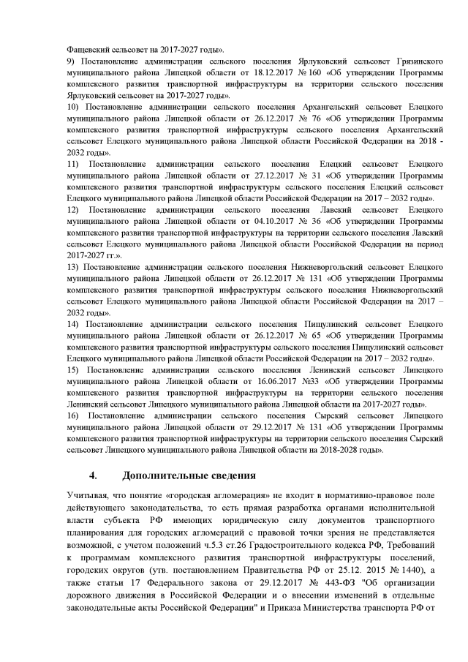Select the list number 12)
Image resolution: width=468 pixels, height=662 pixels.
tap(72, 210)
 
